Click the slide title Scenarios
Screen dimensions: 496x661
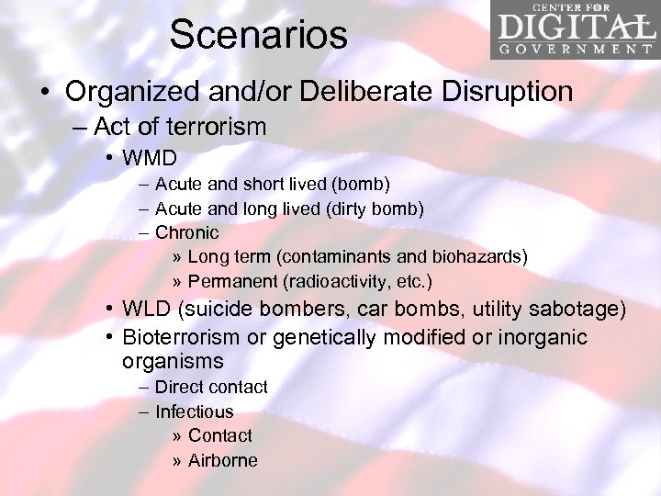coord(258,35)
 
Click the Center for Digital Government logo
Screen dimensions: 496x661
coord(574,30)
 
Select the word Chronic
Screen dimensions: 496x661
coord(187,232)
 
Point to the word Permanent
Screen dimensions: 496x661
coord(229,280)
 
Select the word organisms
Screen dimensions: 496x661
coord(173,361)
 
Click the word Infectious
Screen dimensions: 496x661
coord(194,411)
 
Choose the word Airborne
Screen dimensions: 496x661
coord(223,460)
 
